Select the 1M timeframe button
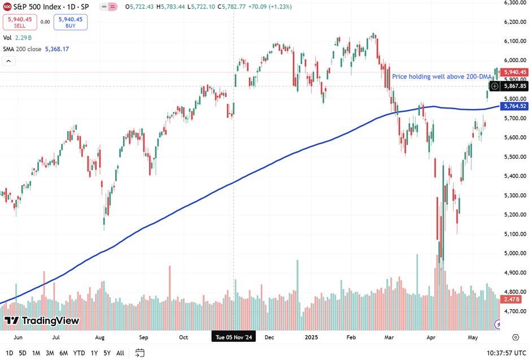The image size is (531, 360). [x=36, y=353]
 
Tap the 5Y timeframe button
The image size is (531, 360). [x=107, y=353]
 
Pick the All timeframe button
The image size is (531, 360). [x=120, y=353]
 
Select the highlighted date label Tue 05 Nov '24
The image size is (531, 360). [x=234, y=337]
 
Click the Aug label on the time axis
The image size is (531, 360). [x=100, y=337]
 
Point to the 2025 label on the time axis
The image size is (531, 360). [x=311, y=337]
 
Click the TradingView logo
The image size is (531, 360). [x=42, y=321]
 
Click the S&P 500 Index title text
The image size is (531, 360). [x=39, y=7]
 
